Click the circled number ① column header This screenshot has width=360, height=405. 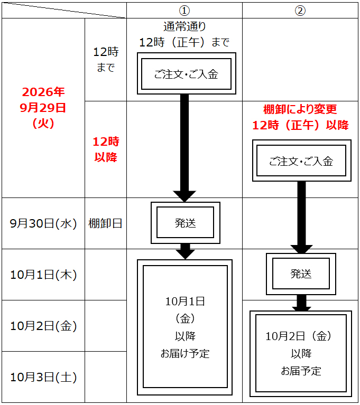tap(184, 11)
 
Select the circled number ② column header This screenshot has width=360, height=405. tap(300, 11)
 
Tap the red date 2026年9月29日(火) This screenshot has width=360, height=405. tap(43, 107)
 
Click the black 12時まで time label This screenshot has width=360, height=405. tap(106, 60)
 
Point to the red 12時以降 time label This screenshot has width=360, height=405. tap(106, 149)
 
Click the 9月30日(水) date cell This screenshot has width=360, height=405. tap(43, 223)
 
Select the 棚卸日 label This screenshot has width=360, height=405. tap(105, 223)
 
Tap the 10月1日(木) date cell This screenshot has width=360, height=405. tap(43, 275)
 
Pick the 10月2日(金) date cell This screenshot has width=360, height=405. tap(43, 326)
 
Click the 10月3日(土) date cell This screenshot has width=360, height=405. tap(43, 377)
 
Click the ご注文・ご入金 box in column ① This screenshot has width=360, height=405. tap(187, 73)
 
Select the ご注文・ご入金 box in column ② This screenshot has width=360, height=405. tap(301, 161)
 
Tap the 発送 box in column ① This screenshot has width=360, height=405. tap(186, 223)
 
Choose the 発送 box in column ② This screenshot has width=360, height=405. tap(301, 274)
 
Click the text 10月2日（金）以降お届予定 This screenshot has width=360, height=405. tap(301, 353)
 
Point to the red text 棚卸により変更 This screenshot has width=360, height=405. tap(300, 109)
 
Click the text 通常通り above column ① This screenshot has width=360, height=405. tap(184, 26)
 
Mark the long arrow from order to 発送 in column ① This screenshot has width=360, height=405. tap(184, 148)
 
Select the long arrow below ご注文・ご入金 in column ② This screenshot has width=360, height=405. tap(301, 217)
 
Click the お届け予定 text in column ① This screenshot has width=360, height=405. tap(185, 354)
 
